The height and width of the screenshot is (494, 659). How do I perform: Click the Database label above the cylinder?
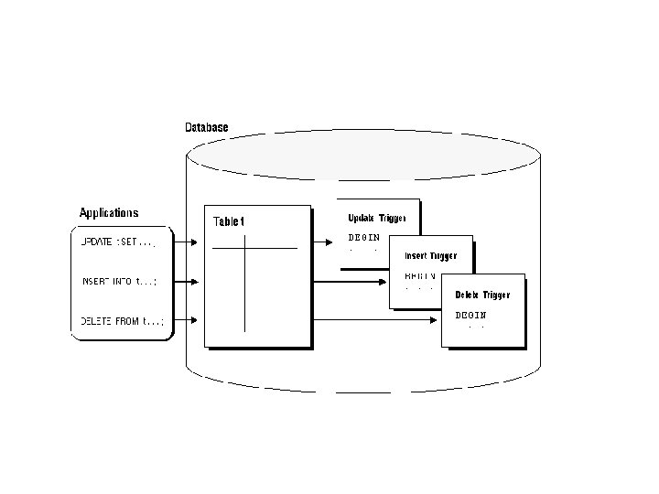206,127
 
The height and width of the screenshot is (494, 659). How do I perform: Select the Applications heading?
109,213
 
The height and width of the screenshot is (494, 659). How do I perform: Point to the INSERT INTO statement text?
118,282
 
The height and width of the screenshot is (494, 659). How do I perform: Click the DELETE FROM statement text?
122,320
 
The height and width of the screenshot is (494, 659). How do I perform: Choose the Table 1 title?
229,221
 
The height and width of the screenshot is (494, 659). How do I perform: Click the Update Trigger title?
377,218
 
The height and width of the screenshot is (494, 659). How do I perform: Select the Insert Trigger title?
430,256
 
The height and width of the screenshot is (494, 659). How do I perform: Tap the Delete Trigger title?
482,295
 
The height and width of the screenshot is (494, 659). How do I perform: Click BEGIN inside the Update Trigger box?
363,237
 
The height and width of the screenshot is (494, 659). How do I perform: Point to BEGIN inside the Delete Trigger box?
471,315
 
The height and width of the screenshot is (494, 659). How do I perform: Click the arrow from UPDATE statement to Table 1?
187,243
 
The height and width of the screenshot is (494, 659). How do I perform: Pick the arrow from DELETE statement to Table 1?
187,320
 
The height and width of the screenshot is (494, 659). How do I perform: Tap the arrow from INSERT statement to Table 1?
187,282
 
